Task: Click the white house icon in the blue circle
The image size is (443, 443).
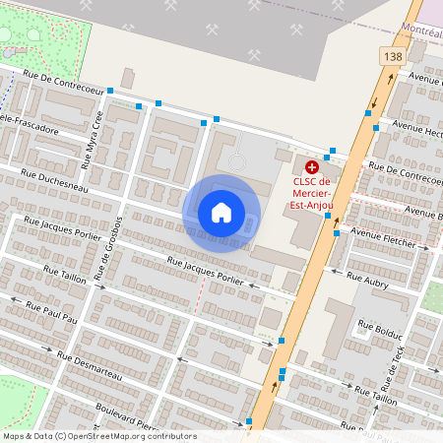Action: click(x=221, y=212)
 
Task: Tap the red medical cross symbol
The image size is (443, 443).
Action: click(x=312, y=168)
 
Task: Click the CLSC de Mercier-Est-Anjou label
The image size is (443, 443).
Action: click(x=312, y=193)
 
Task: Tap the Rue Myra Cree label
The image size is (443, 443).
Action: click(x=95, y=133)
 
